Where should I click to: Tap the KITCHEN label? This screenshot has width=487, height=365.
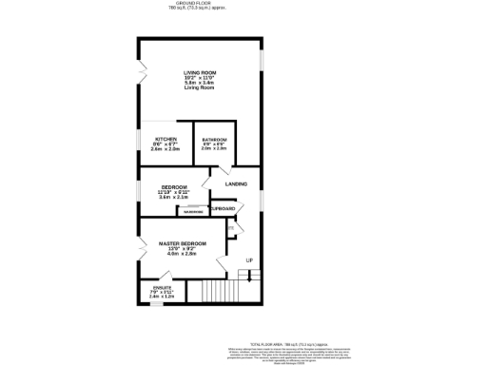click(165, 139)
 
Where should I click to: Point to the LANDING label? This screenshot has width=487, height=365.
click(236, 183)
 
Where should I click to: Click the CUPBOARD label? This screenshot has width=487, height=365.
click(224, 208)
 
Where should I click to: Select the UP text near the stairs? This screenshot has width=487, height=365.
click(249, 259)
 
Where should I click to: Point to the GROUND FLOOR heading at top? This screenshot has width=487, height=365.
click(200, 4)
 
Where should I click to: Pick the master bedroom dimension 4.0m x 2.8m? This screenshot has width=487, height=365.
click(180, 255)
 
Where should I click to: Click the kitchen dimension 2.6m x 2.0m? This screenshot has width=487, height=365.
click(165, 149)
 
